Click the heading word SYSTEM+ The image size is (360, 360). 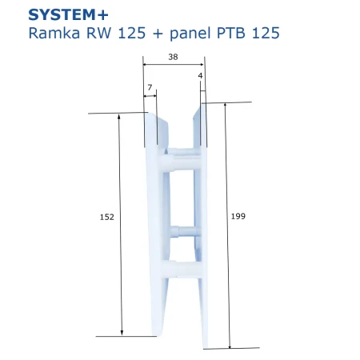pyautogui.click(x=68, y=15)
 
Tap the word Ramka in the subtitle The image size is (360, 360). pyautogui.click(x=54, y=34)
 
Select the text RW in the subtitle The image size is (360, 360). pyautogui.click(x=98, y=34)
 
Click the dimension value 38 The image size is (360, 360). pyautogui.click(x=173, y=57)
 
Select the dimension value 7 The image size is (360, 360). pyautogui.click(x=150, y=87)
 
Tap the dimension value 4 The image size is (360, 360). pyautogui.click(x=200, y=76)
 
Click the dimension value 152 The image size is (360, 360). pyautogui.click(x=107, y=217)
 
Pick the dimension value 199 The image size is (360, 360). pyautogui.click(x=238, y=216)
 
